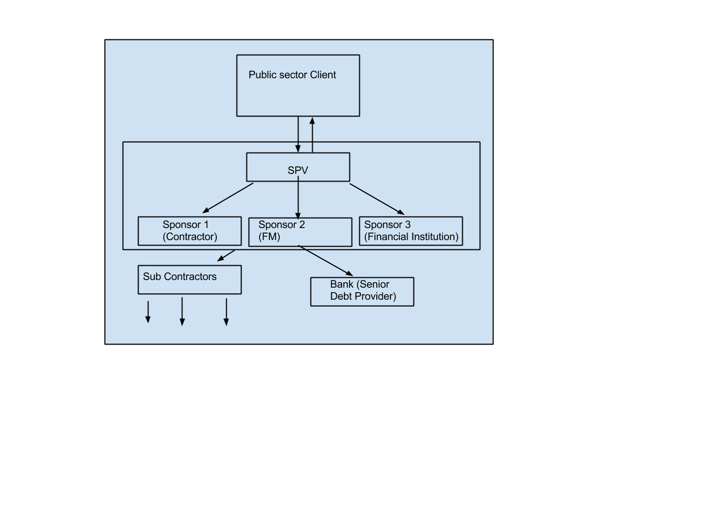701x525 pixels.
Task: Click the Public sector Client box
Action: coord(298,93)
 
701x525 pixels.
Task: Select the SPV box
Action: coord(298,167)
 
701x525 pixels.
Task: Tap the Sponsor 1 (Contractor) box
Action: coord(189,231)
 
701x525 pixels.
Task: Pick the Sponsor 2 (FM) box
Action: coord(300,232)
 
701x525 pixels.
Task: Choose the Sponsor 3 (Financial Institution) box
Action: coord(411,231)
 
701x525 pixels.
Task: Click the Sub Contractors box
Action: coord(189,280)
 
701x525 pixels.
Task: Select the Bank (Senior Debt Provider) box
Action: coord(362,291)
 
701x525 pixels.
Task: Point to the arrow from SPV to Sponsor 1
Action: coord(228,198)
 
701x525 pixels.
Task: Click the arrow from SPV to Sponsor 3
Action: coord(377,199)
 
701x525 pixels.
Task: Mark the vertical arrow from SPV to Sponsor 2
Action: coord(298,200)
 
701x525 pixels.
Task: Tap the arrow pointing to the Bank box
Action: coord(326,260)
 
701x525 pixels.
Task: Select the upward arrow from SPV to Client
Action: coord(312,135)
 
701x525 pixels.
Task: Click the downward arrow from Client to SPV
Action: coord(298,135)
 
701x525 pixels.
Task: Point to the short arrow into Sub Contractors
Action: coord(226,255)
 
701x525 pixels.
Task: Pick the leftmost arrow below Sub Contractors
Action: coord(147,312)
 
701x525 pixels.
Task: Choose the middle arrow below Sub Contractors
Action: coord(182,312)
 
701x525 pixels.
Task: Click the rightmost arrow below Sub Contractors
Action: coord(226,312)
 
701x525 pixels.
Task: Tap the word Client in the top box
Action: coord(323,75)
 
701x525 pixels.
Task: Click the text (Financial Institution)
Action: coord(411,237)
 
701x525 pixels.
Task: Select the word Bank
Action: coord(342,284)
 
